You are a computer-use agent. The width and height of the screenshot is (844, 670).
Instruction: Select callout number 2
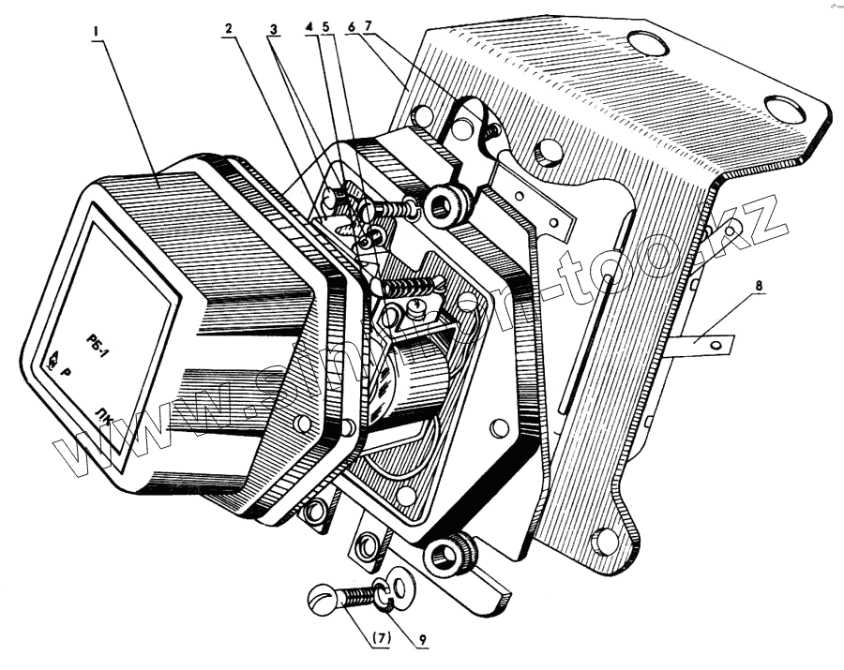[x=228, y=29]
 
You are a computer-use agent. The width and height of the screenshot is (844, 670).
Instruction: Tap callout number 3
[x=273, y=29]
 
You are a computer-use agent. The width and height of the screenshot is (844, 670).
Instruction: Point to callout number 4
[x=309, y=29]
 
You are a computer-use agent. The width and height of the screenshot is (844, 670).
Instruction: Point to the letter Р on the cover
[x=66, y=369]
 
